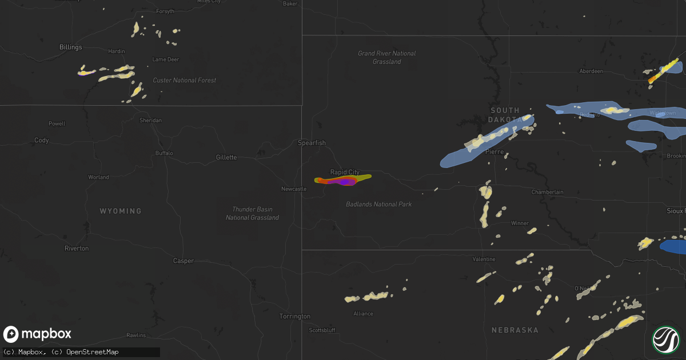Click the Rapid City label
(x=345, y=172)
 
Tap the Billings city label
(x=70, y=47)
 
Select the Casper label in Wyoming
(x=184, y=261)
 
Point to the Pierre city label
(x=494, y=152)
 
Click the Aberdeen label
(x=591, y=71)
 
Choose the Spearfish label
(x=312, y=142)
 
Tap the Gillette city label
(x=226, y=157)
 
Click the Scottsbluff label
(x=322, y=330)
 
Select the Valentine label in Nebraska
(x=484, y=259)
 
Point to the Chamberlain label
(x=547, y=192)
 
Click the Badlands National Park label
(x=378, y=204)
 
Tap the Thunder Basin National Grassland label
(x=252, y=213)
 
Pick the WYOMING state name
(x=121, y=211)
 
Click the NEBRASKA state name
(x=515, y=330)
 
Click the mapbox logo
(x=38, y=334)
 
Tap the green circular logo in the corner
(x=666, y=339)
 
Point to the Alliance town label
(x=363, y=313)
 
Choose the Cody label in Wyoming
(x=42, y=140)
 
